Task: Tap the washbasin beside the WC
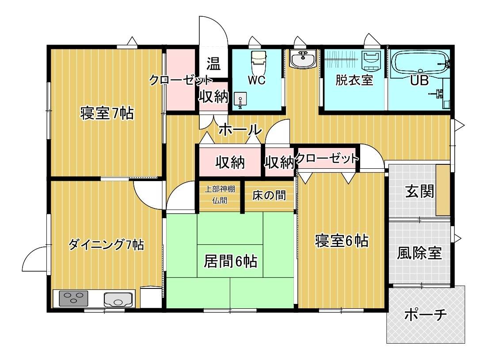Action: click(x=303, y=59)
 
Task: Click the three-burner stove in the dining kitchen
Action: click(x=73, y=298)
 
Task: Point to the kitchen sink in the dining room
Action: click(x=118, y=299)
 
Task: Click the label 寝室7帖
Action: click(x=107, y=114)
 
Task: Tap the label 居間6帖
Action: click(x=230, y=261)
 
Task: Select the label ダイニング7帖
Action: click(x=106, y=245)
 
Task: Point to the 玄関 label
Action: click(x=419, y=191)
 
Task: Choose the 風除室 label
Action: click(x=419, y=253)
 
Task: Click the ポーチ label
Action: click(x=426, y=315)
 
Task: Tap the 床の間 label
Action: click(x=269, y=195)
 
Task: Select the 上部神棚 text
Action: click(x=220, y=189)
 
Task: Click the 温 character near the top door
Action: click(x=214, y=64)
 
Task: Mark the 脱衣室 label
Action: click(x=354, y=80)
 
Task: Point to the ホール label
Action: click(x=240, y=130)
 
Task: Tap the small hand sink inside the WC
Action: click(x=240, y=100)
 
